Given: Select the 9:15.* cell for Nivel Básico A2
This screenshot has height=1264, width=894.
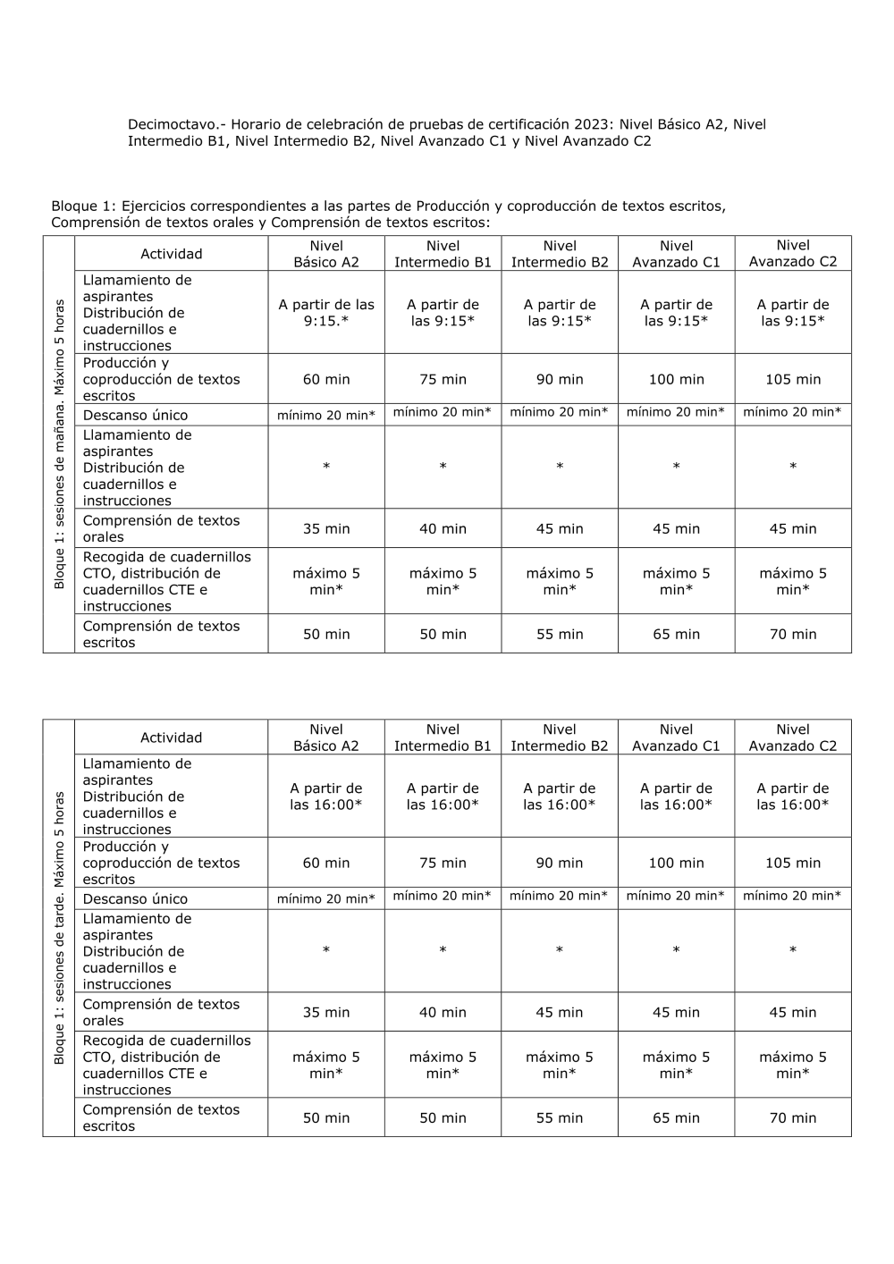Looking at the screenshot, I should [326, 313].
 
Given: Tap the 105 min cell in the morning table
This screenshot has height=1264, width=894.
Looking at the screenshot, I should [793, 379].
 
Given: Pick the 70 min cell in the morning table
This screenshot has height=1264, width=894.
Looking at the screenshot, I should [793, 634].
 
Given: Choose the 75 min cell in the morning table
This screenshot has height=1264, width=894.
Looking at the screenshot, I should [443, 379].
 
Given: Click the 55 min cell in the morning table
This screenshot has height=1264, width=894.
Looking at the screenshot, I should [560, 634].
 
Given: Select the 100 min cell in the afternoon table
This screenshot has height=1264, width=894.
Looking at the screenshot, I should [676, 863].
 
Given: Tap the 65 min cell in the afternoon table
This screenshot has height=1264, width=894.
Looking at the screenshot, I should [676, 1117].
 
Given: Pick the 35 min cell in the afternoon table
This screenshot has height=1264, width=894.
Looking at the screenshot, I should [326, 1012].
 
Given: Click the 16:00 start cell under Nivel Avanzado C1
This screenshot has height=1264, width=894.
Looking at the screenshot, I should [676, 796].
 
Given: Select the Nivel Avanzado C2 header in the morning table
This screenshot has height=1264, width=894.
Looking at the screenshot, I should [793, 253].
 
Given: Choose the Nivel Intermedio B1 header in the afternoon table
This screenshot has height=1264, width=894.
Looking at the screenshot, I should [443, 737].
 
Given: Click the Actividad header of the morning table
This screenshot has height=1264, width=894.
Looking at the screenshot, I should [171, 254].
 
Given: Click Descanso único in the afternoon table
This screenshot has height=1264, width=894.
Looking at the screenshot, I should [135, 898].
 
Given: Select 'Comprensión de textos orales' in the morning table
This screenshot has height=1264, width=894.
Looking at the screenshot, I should [161, 528].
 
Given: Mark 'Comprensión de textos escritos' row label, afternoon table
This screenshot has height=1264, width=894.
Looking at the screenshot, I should [161, 1117].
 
